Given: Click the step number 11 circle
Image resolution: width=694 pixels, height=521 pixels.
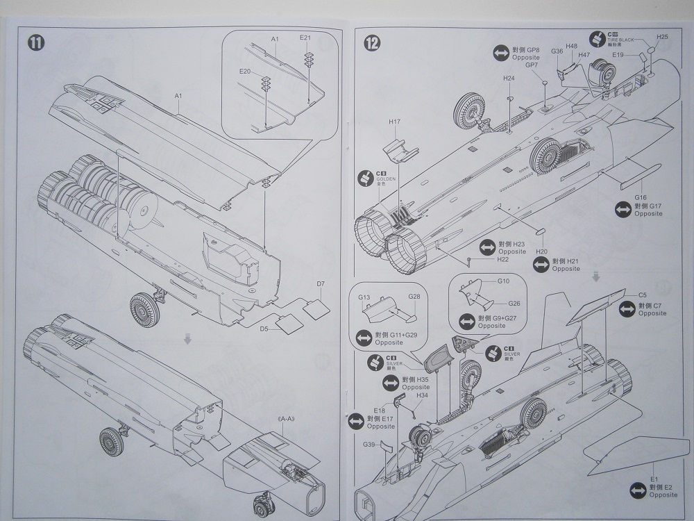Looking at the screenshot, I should pyautogui.click(x=36, y=42).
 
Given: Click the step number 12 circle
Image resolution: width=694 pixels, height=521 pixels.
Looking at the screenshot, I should pyautogui.click(x=373, y=42).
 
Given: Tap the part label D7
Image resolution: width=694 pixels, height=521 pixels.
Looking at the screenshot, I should pyautogui.click(x=321, y=283).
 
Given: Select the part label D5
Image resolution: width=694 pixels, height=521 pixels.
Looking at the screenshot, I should pyautogui.click(x=264, y=329).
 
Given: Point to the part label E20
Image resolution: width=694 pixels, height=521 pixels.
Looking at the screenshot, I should pyautogui.click(x=244, y=72).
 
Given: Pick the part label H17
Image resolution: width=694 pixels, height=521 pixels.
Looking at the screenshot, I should pyautogui.click(x=395, y=122).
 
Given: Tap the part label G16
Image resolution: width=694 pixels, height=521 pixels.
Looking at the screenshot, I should pyautogui.click(x=640, y=198).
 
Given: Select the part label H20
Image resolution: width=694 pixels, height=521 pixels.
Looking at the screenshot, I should pyautogui.click(x=542, y=251).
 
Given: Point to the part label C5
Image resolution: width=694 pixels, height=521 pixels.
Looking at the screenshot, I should pyautogui.click(x=643, y=295).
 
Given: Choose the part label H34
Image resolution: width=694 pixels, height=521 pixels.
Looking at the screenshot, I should pyautogui.click(x=423, y=396).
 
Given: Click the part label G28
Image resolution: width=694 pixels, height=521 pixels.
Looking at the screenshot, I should pyautogui.click(x=414, y=297).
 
